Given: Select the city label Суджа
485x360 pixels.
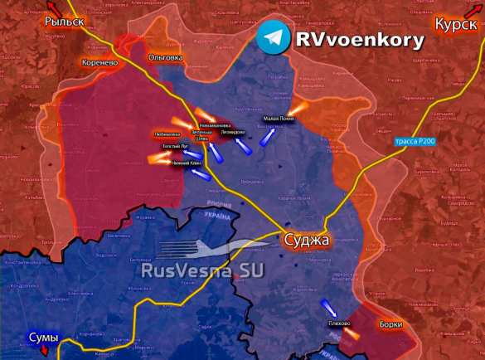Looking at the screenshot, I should (306, 241).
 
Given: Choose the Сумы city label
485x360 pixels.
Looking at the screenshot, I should (43, 338).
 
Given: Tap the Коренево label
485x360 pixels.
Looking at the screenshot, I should (100, 62).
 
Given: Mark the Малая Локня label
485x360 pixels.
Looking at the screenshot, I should (279, 119).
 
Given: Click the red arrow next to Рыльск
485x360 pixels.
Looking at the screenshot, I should (11, 7).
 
